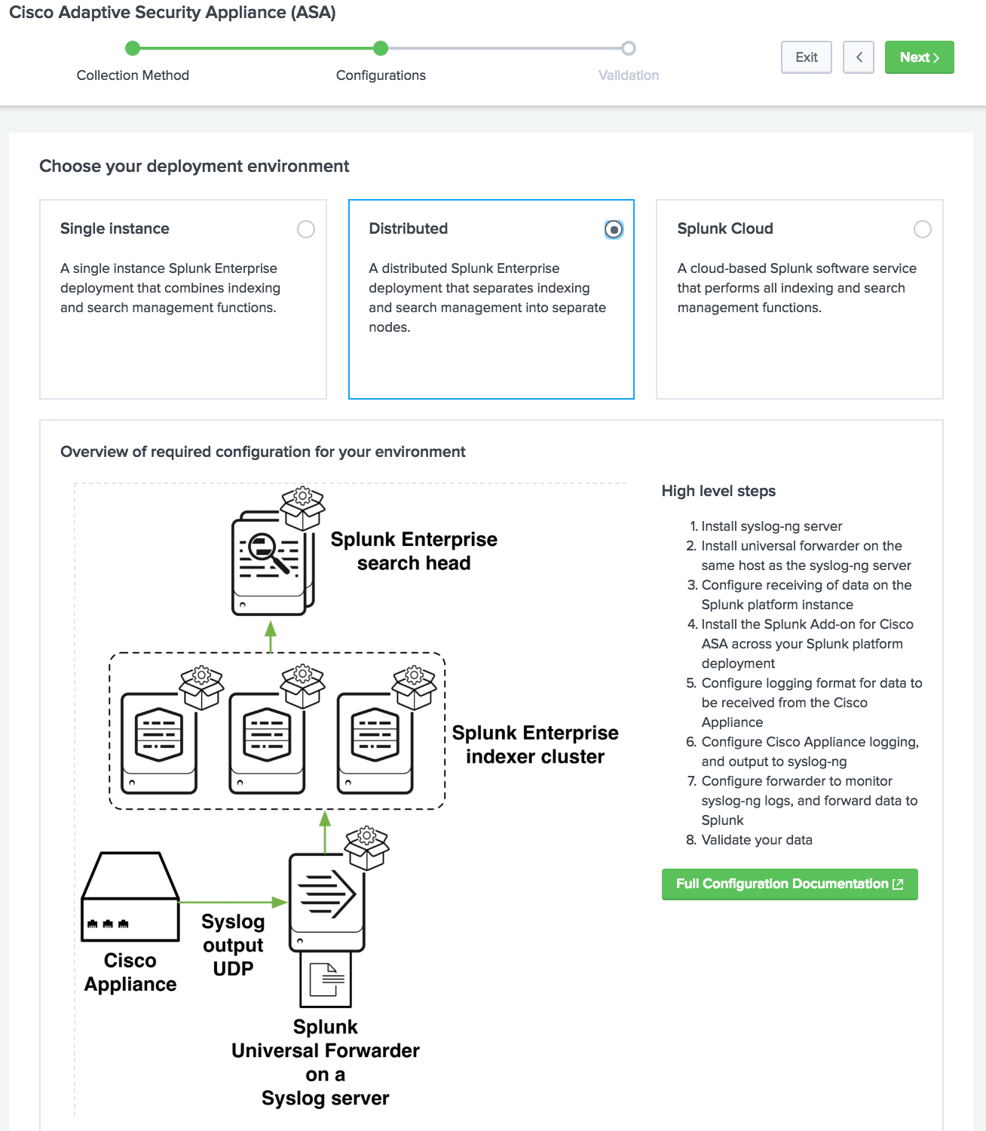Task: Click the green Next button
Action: pyautogui.click(x=919, y=57)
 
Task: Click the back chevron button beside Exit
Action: pyautogui.click(x=859, y=57)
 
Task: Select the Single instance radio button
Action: pyautogui.click(x=305, y=229)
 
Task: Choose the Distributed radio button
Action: pyautogui.click(x=614, y=229)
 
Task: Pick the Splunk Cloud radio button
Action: pyautogui.click(x=922, y=229)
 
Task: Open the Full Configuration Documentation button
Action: pyautogui.click(x=789, y=884)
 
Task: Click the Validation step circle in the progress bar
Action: pyautogui.click(x=628, y=48)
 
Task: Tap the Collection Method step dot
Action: pyautogui.click(x=133, y=48)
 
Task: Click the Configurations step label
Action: pyautogui.click(x=381, y=75)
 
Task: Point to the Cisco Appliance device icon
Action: pyautogui.click(x=130, y=897)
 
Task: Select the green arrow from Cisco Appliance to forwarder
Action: pyautogui.click(x=233, y=902)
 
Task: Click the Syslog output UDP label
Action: pyautogui.click(x=233, y=945)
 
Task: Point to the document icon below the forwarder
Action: pyautogui.click(x=326, y=979)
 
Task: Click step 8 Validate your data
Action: pyautogui.click(x=756, y=840)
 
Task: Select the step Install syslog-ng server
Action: pyautogui.click(x=771, y=526)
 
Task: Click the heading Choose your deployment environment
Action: pyautogui.click(x=194, y=166)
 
